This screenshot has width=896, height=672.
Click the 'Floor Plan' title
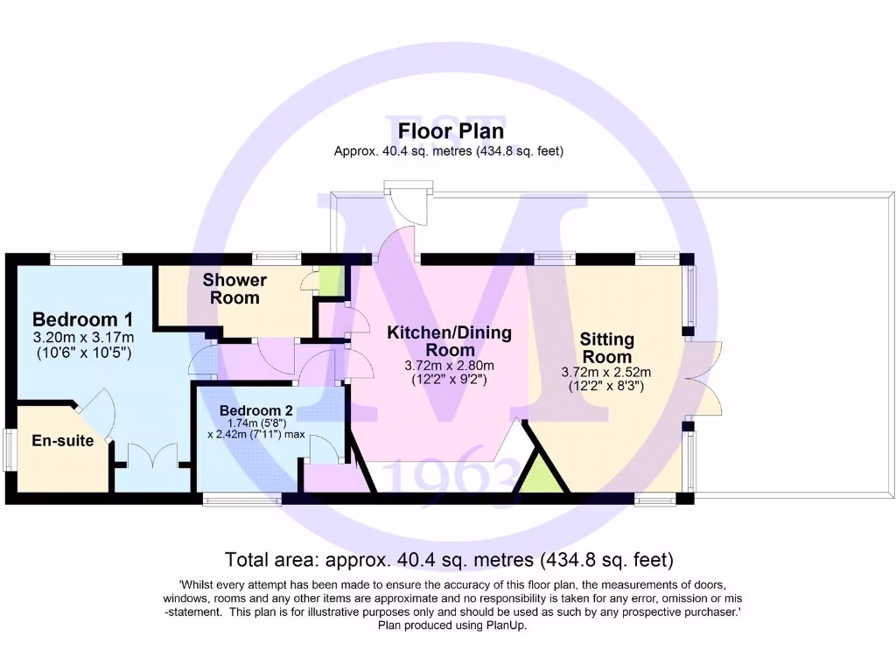(x=451, y=131)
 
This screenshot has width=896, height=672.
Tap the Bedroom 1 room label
(x=83, y=318)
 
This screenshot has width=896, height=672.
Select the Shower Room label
(x=234, y=289)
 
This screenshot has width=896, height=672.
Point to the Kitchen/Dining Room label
(x=450, y=341)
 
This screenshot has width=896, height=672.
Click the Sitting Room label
(x=606, y=348)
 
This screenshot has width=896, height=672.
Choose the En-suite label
(x=62, y=441)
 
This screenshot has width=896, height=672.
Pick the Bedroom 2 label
(x=255, y=410)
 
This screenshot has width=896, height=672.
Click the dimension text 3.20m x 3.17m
(x=83, y=338)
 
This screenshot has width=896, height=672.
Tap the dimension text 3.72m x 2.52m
(x=606, y=372)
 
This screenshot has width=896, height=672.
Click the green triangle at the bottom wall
(x=535, y=478)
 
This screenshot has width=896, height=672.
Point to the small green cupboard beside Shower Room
(x=331, y=280)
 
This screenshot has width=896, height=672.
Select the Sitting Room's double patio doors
(x=704, y=380)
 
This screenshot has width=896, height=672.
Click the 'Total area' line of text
(x=449, y=559)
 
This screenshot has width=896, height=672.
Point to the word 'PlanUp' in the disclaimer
(x=504, y=626)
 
